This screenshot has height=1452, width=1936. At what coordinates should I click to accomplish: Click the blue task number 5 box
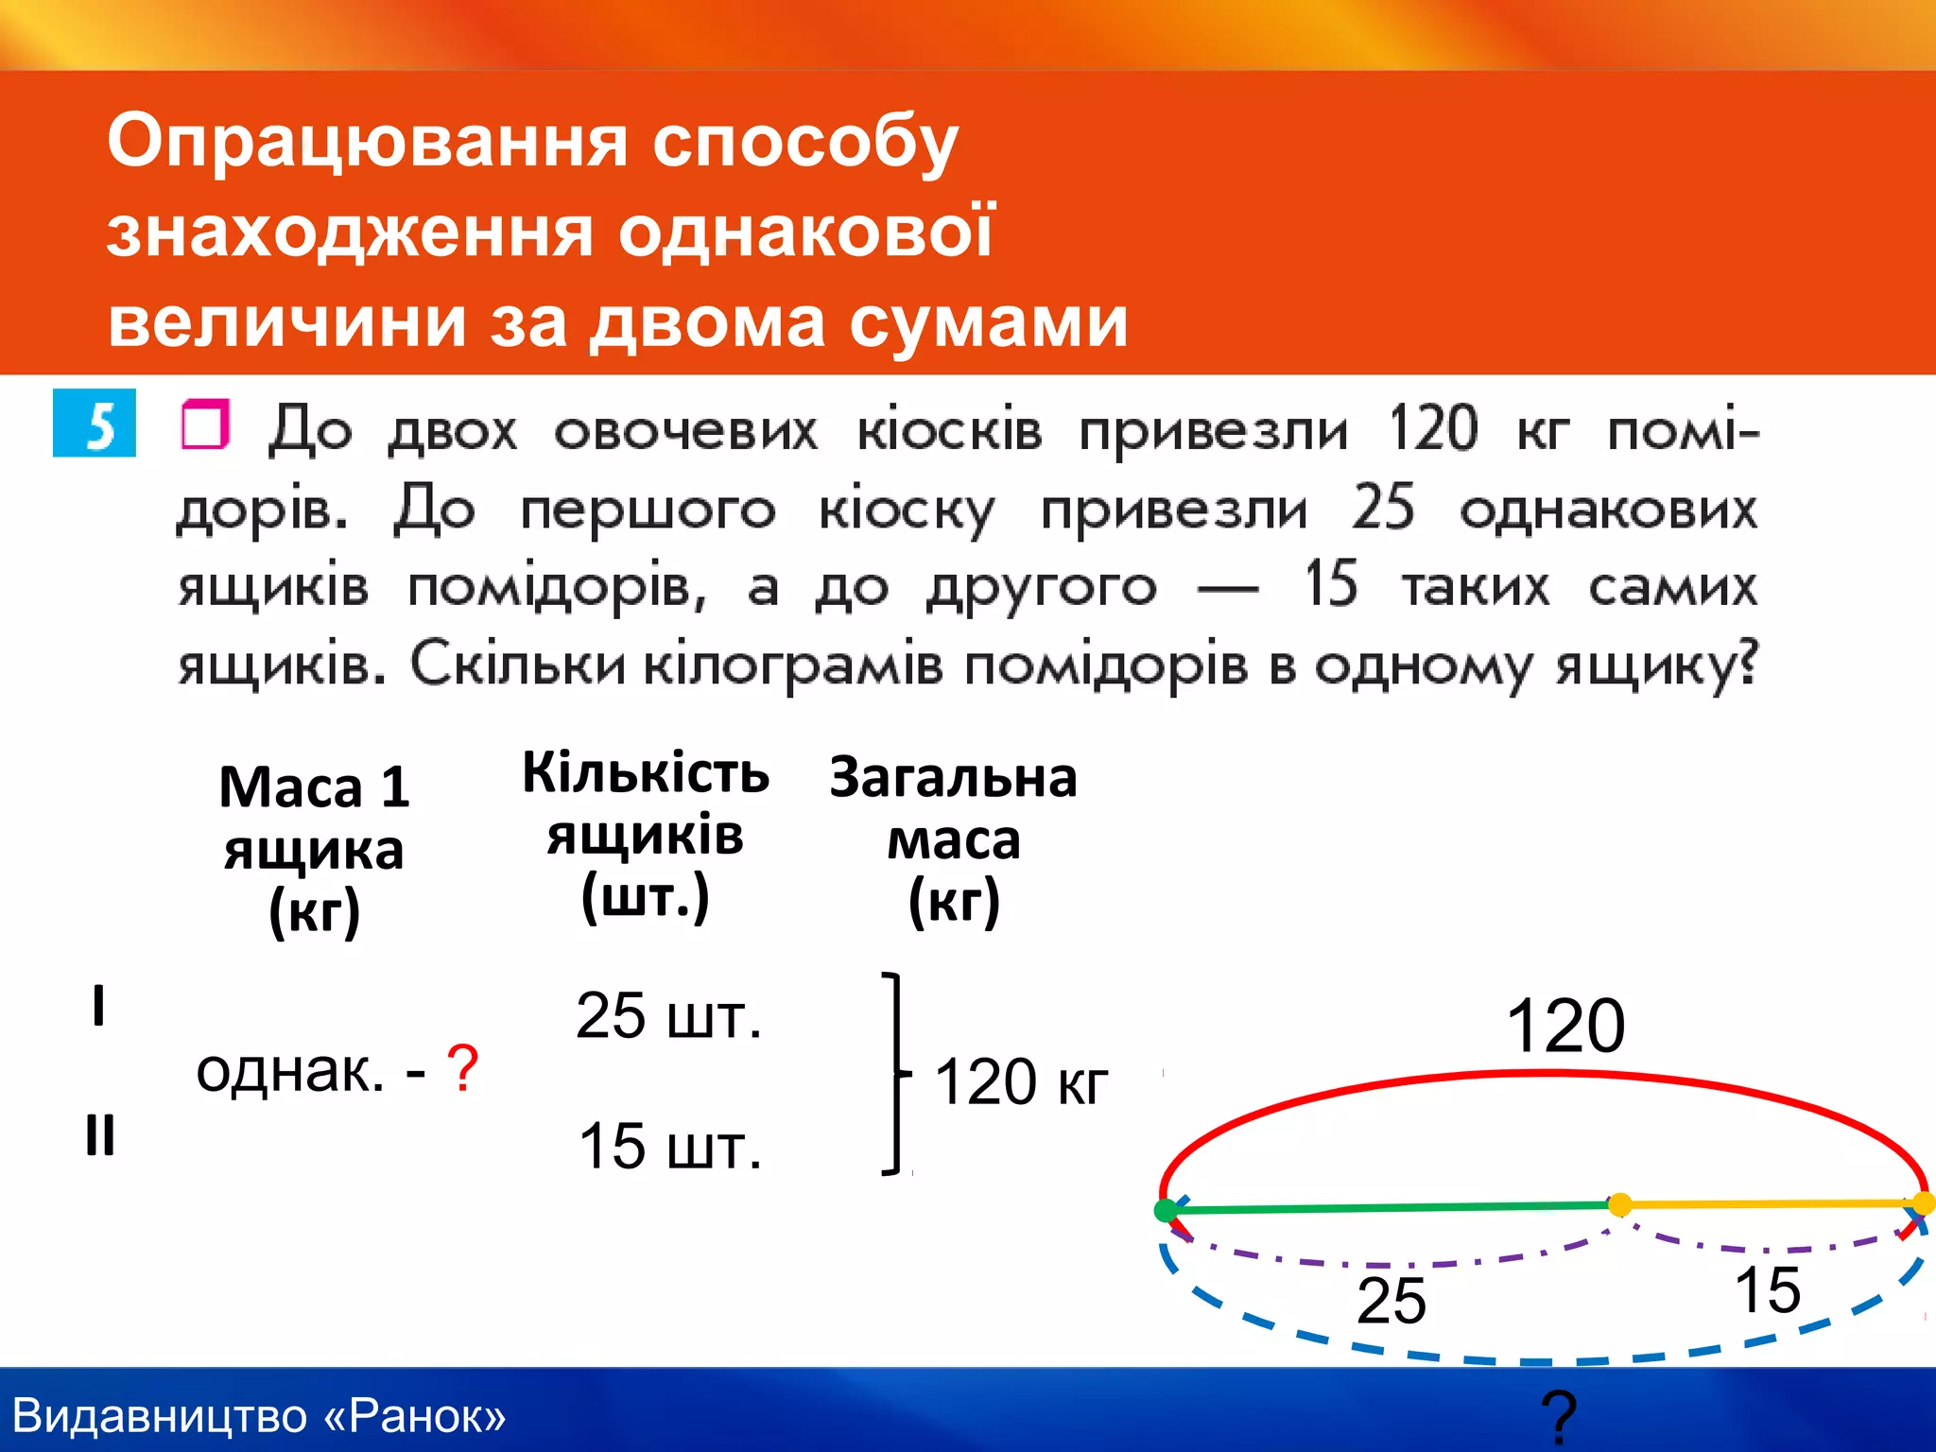point(95,423)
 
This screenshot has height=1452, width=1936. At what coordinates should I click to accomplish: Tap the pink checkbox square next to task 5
point(205,424)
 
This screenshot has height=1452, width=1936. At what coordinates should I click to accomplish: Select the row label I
point(98,1005)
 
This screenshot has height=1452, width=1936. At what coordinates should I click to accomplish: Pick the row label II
point(100,1134)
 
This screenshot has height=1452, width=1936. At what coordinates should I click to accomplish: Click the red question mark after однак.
point(462,1069)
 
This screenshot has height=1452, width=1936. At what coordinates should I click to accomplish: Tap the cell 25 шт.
point(668,1017)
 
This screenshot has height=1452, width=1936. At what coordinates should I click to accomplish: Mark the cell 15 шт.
point(669,1147)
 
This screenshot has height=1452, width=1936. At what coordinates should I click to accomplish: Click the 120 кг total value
point(1021,1082)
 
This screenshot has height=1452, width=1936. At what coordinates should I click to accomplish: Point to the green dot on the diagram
point(1167,1210)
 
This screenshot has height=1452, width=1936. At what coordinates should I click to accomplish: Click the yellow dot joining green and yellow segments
point(1619,1204)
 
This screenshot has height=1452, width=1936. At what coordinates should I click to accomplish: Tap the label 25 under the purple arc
point(1391,1301)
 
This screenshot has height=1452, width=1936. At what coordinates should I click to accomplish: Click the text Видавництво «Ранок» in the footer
point(259,1416)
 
